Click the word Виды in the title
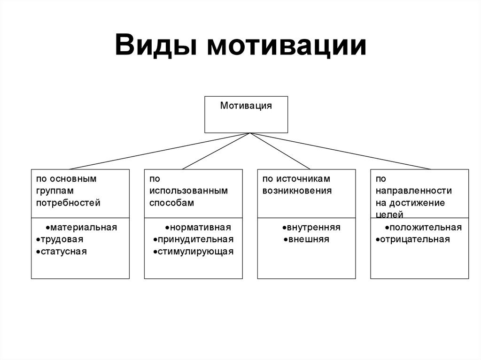click(x=156, y=46)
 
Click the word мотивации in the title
click(x=287, y=46)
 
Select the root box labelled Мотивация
click(x=246, y=115)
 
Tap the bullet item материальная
click(x=81, y=227)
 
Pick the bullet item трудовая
click(x=60, y=239)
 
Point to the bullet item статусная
click(x=62, y=252)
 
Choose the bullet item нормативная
click(x=198, y=227)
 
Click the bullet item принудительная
click(x=193, y=239)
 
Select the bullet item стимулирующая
click(x=193, y=252)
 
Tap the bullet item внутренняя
click(x=311, y=227)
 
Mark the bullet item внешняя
click(x=306, y=239)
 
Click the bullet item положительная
click(x=423, y=227)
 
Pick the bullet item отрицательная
click(x=413, y=239)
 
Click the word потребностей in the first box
click(x=68, y=203)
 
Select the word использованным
click(x=189, y=191)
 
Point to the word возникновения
click(x=297, y=191)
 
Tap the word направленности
click(x=414, y=191)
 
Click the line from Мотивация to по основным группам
click(x=160, y=151)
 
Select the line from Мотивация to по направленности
click(x=341, y=151)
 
